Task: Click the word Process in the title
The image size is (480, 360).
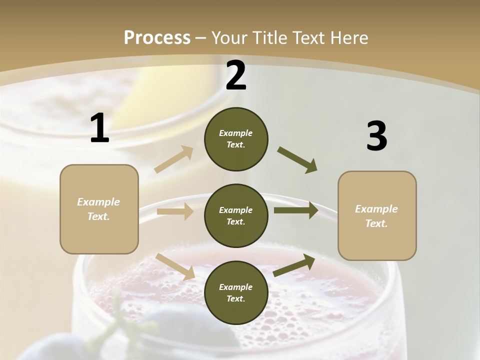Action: (157, 38)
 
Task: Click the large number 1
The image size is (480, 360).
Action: (99, 128)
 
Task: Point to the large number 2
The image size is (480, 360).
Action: (236, 75)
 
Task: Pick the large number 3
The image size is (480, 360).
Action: (376, 136)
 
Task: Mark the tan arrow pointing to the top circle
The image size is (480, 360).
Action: (174, 159)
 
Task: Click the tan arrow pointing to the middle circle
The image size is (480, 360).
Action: (175, 211)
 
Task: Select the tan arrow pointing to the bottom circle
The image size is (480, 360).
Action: (175, 266)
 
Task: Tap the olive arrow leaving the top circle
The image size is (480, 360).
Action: (297, 160)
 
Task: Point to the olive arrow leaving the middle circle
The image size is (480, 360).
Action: (296, 210)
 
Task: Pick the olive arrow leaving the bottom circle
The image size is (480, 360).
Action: (294, 265)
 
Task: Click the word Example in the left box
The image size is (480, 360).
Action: (98, 202)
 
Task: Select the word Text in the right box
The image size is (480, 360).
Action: (376, 223)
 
